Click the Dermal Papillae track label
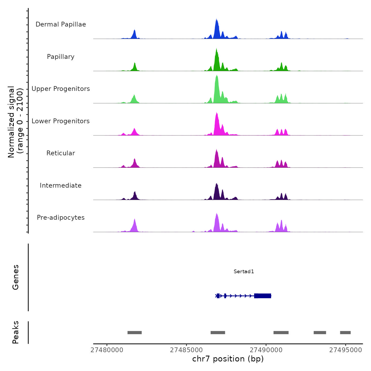(61, 24)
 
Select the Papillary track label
(61, 57)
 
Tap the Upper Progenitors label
(61, 89)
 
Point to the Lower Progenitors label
(61, 121)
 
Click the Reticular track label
(61, 153)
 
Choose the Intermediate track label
(61, 185)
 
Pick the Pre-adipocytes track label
(61, 218)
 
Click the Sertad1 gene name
(244, 271)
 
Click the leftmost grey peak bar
(135, 333)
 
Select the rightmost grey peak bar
(345, 333)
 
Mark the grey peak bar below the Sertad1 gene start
(218, 333)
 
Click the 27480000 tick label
(107, 350)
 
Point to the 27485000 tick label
(187, 350)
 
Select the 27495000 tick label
(346, 350)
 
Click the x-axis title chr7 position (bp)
(228, 359)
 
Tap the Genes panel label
(16, 277)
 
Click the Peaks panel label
(16, 332)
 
